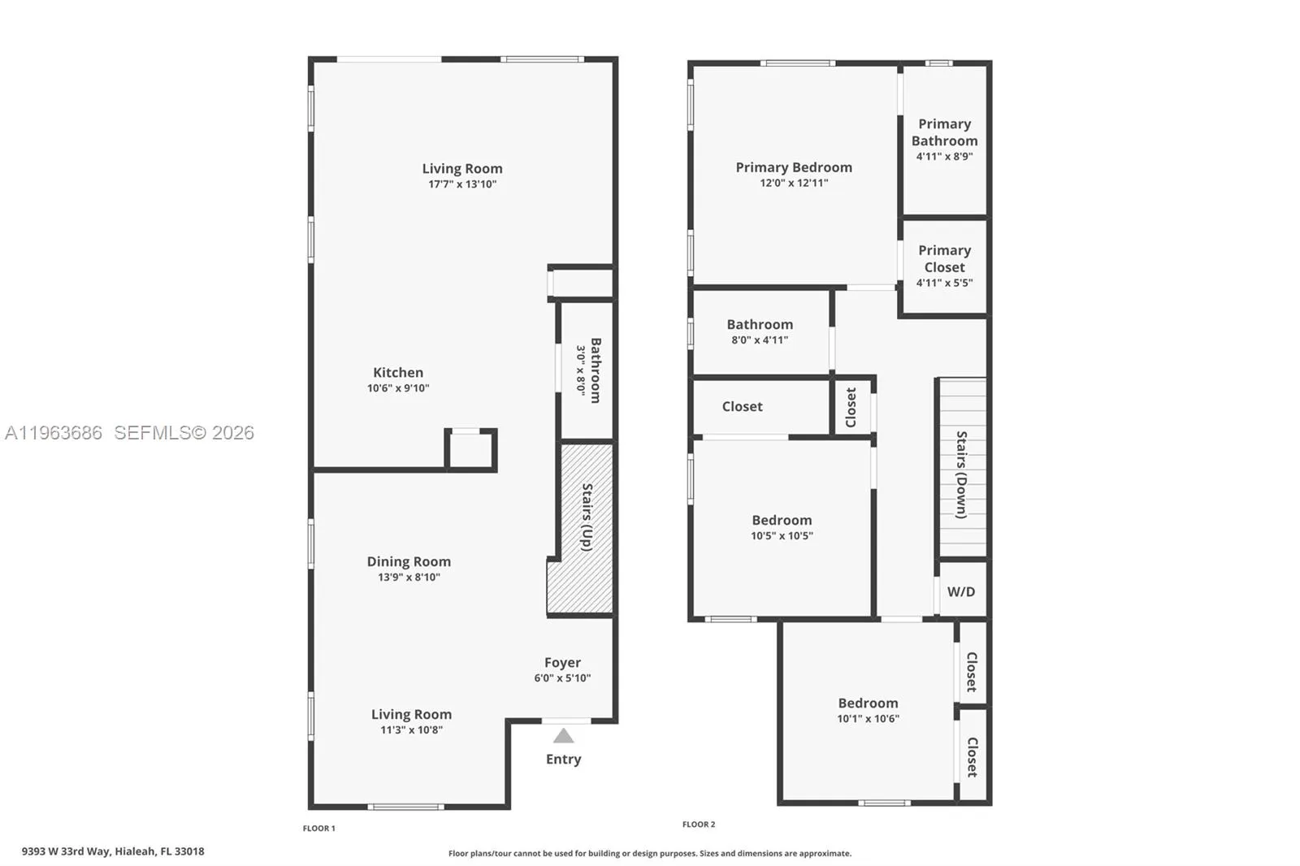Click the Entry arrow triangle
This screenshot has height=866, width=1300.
[563, 736]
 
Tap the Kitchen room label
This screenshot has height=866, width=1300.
[398, 373]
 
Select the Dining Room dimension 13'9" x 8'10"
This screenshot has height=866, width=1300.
[409, 577]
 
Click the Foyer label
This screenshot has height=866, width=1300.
[562, 663]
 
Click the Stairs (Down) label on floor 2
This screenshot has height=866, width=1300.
[961, 474]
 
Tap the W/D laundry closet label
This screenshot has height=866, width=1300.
[960, 591]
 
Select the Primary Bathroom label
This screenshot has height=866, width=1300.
[944, 132]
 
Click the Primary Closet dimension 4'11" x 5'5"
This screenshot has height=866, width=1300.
[944, 283]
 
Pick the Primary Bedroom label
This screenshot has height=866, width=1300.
[794, 167]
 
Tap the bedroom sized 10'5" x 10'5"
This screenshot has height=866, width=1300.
[782, 527]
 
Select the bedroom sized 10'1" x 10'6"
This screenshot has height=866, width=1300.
[868, 710]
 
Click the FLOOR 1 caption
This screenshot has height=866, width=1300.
[318, 829]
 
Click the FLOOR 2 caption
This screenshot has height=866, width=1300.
[699, 825]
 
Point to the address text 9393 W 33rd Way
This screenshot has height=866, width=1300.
[113, 851]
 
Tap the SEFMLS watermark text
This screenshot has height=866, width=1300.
[184, 433]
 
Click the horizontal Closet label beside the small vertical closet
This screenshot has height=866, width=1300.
[742, 406]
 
